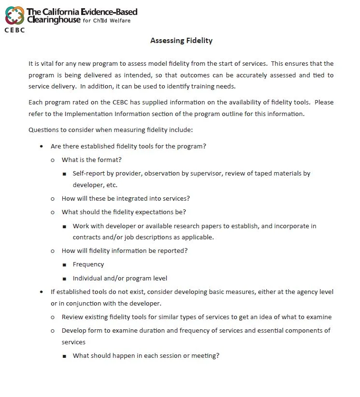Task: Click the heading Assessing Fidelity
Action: point(181,41)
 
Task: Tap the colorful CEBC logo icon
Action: point(14,15)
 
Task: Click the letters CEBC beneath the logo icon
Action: point(14,29)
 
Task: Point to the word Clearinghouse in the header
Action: point(54,20)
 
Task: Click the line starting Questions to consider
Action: point(111,130)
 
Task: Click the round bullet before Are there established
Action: point(41,146)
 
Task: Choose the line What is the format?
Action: point(91,160)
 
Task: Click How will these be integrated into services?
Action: point(126,198)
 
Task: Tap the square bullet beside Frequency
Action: point(64,265)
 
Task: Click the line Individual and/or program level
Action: point(120,278)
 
